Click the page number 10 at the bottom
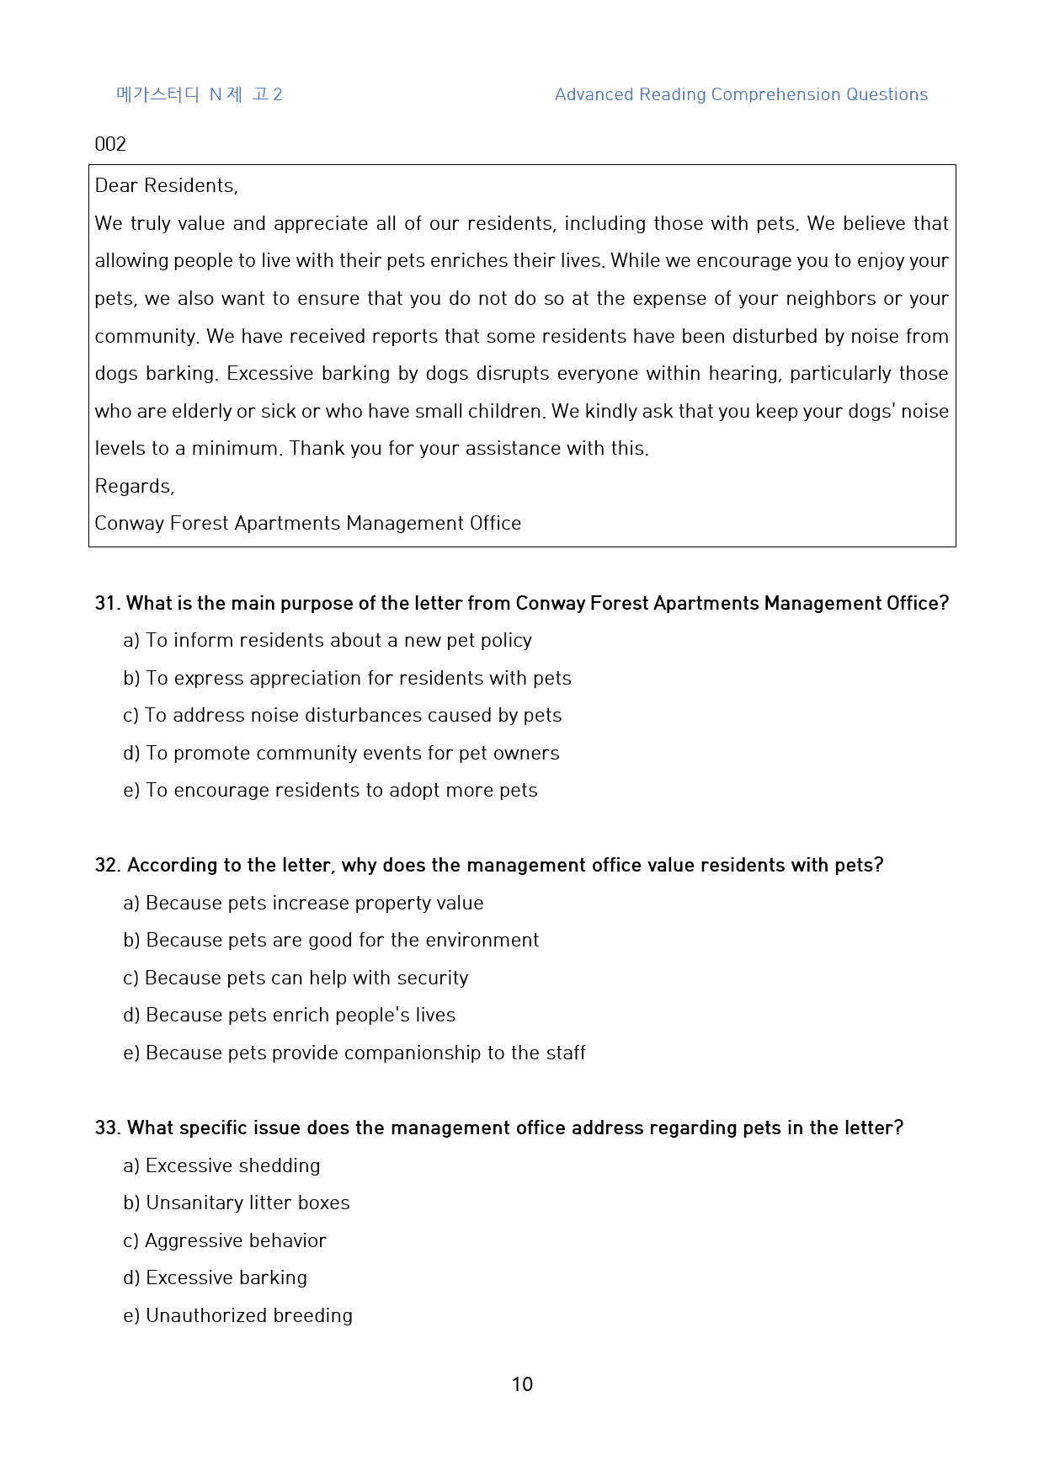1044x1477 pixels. tap(522, 1384)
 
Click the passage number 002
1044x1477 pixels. tap(110, 144)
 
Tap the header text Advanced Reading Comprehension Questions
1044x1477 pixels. tap(741, 94)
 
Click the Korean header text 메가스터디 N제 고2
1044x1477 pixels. tap(200, 94)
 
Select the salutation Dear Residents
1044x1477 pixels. tap(167, 185)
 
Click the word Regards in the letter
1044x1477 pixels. tap(135, 486)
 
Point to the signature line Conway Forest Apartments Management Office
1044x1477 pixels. tap(308, 523)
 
